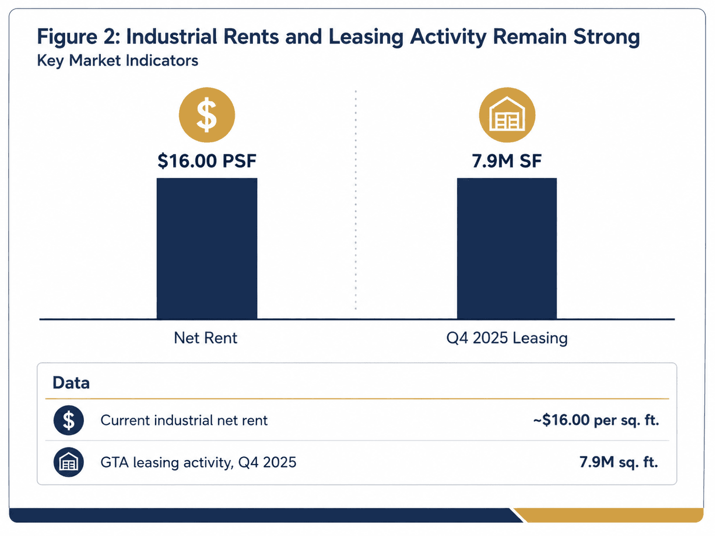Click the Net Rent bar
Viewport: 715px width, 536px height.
click(x=207, y=248)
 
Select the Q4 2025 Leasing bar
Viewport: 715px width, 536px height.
click(x=507, y=248)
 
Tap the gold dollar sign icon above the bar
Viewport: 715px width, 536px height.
click(x=207, y=115)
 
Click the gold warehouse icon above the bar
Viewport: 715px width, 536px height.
click(x=507, y=115)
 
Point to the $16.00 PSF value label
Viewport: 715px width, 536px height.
click(x=207, y=161)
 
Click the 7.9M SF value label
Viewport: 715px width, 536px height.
click(x=507, y=161)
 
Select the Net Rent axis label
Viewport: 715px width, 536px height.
click(x=205, y=338)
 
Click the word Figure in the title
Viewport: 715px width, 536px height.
click(x=67, y=37)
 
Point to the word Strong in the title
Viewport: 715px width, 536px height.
click(x=606, y=37)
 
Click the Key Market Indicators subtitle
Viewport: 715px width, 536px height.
click(x=118, y=61)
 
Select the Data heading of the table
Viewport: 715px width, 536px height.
click(x=71, y=383)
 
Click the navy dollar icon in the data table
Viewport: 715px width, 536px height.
click(x=69, y=420)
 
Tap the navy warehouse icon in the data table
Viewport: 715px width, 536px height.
click(x=69, y=462)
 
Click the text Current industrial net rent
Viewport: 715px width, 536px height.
click(x=184, y=420)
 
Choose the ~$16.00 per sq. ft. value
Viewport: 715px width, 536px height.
click(x=596, y=421)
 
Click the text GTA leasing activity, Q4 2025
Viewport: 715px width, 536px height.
click(x=199, y=462)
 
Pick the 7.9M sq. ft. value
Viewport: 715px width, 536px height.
click(x=619, y=462)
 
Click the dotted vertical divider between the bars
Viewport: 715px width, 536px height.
click(x=356, y=200)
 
